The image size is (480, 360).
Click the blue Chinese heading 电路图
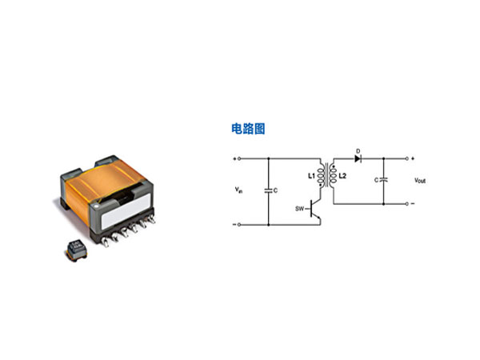[x=247, y=129]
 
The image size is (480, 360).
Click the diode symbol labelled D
[x=358, y=158]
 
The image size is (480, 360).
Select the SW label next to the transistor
[x=300, y=210]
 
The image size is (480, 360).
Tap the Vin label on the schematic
[x=238, y=190]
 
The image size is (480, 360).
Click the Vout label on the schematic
[x=420, y=182]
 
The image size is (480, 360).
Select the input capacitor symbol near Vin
[x=266, y=190]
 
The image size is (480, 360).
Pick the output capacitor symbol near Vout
[x=384, y=180]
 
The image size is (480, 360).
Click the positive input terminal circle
[x=238, y=158]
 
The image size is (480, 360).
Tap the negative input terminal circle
[x=238, y=225]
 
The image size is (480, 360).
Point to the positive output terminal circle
[x=408, y=158]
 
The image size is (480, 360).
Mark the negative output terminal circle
[x=408, y=203]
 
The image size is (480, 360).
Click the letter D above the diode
[x=358, y=149]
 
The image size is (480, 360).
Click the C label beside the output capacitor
[x=376, y=181]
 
